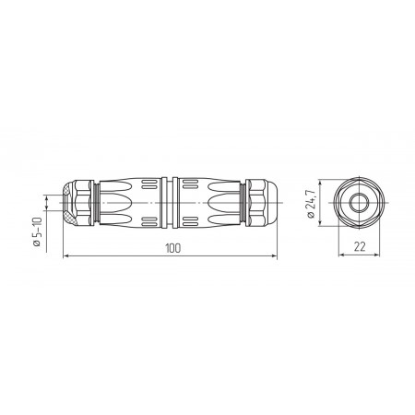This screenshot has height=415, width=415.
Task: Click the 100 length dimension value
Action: point(173,248)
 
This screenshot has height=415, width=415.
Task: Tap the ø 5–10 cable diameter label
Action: point(37,231)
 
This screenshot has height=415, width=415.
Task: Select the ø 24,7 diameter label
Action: point(311,203)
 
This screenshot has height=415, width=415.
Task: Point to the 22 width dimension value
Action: point(360,246)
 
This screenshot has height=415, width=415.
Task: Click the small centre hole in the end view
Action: point(359,203)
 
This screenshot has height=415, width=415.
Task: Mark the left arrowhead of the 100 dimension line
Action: point(66,255)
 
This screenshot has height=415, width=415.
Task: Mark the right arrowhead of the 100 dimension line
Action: point(273,255)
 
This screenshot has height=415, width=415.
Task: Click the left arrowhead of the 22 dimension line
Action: point(342,255)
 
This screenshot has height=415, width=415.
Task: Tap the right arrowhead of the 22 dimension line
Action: point(376,255)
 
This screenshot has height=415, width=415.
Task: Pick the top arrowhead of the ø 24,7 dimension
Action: point(320,184)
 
